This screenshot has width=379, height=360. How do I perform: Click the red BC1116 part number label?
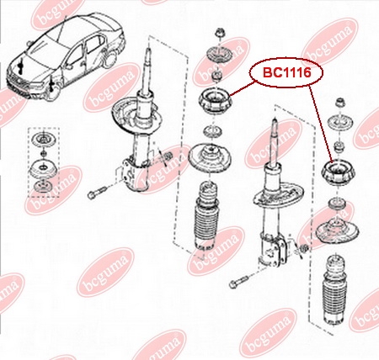[x=287, y=72]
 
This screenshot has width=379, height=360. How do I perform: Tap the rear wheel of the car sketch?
[x=110, y=61]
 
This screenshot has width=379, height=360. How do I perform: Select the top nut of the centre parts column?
[x=219, y=33]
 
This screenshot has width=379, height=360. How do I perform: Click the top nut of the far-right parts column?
[x=340, y=102]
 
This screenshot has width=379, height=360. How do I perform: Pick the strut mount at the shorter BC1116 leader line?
[x=215, y=101]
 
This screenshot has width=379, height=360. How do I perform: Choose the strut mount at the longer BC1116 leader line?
[x=339, y=172]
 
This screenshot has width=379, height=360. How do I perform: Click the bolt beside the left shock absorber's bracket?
[x=97, y=192]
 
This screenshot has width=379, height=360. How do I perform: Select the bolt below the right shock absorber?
[x=239, y=283]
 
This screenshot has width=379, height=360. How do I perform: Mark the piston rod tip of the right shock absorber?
[x=275, y=121]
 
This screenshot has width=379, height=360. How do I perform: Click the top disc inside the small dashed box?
[x=43, y=140]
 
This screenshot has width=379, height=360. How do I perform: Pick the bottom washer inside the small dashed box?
[x=43, y=186]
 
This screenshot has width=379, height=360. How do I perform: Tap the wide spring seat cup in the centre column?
[x=210, y=158]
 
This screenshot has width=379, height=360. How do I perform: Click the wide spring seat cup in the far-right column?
[x=337, y=230]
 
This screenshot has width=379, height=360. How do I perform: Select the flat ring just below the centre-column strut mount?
[x=213, y=131]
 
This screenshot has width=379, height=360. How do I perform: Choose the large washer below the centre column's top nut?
[x=219, y=54]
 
